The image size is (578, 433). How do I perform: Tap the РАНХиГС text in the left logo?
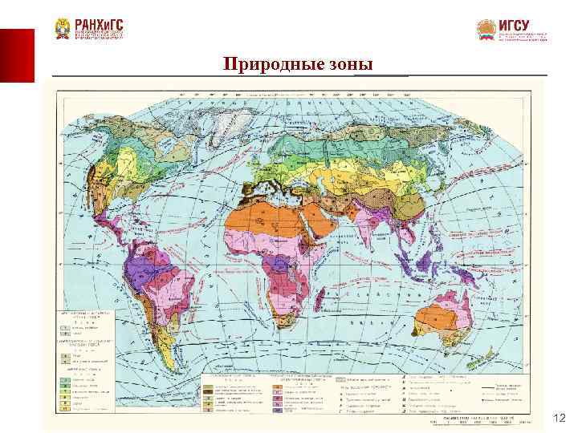[100, 27]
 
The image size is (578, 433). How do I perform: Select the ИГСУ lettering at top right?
[515, 26]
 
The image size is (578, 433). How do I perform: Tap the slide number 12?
[560, 418]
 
